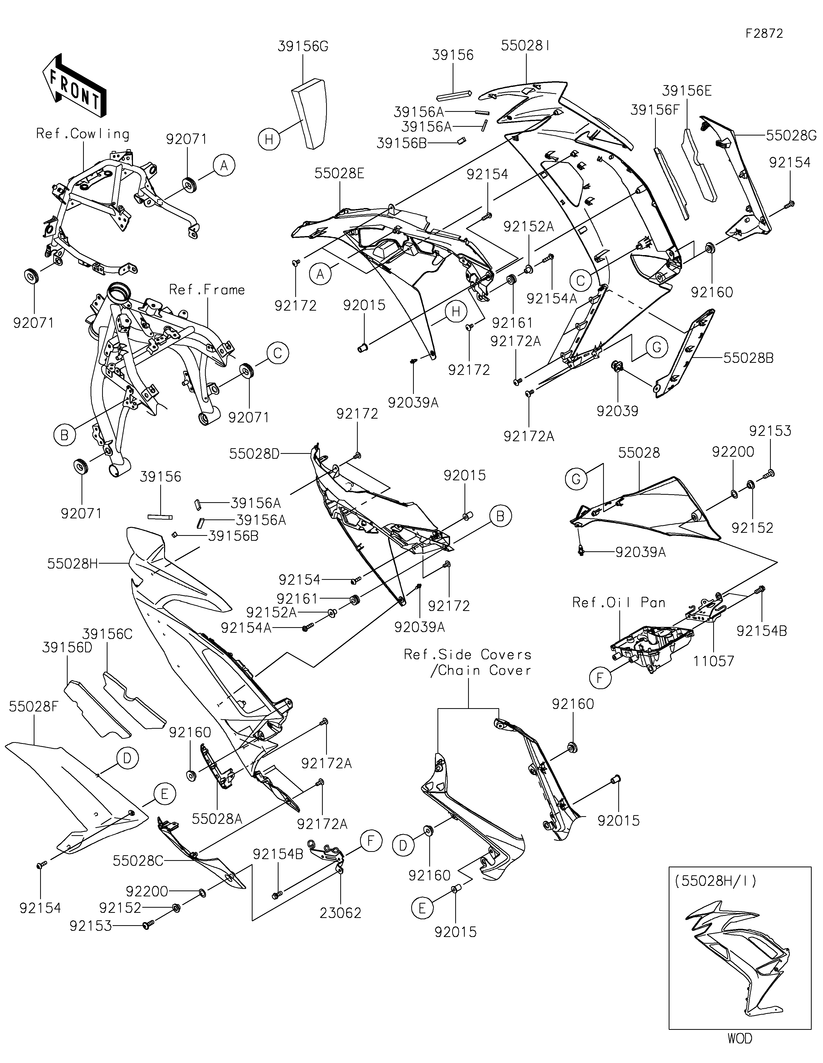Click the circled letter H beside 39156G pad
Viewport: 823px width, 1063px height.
(269, 140)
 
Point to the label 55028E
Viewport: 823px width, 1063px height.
(339, 173)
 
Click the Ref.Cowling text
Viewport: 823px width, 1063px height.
(83, 134)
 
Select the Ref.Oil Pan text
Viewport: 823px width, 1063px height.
(619, 602)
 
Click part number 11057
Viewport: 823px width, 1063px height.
(713, 661)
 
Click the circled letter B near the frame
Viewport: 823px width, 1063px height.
(64, 435)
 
